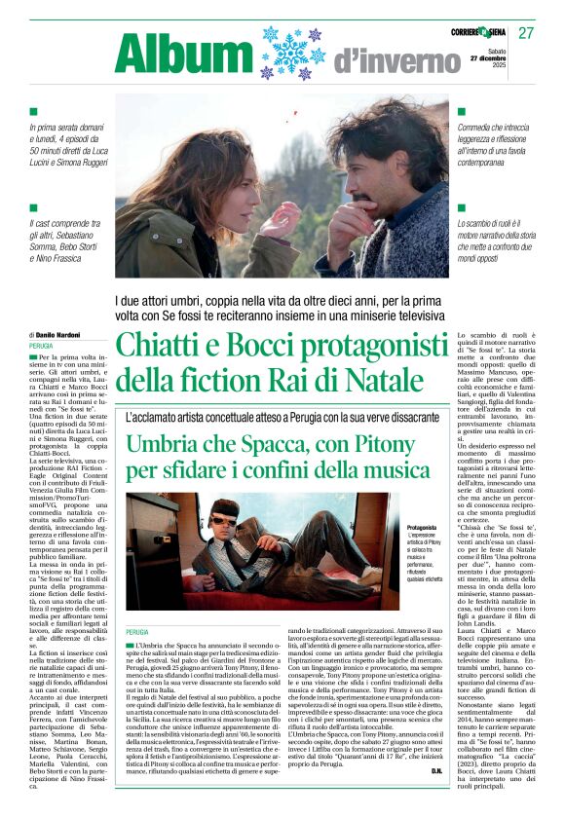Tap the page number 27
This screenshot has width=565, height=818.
(526, 33)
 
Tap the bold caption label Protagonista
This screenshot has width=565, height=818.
(422, 528)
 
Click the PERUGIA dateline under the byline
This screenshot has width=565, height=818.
(42, 347)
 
